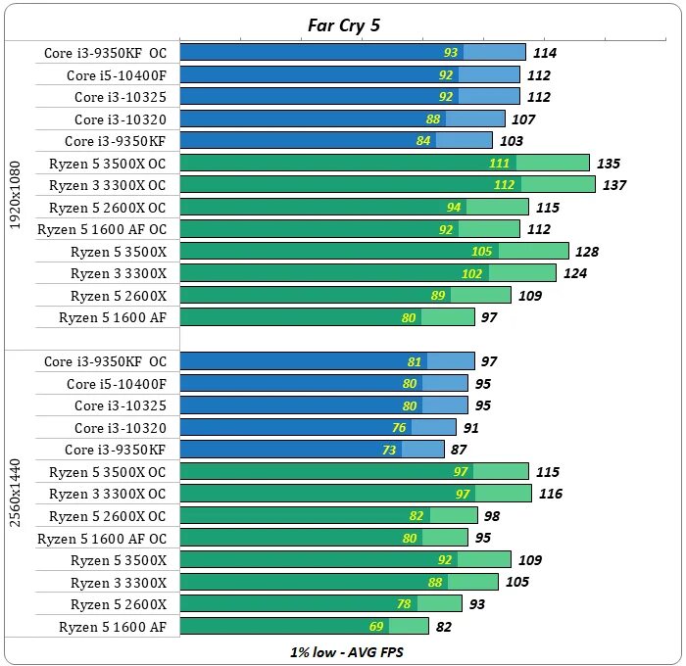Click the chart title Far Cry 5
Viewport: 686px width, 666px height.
pyautogui.click(x=342, y=24)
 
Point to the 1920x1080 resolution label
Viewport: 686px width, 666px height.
pyautogui.click(x=14, y=195)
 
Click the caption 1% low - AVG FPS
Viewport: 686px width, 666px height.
pyautogui.click(x=343, y=652)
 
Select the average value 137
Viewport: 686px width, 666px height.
pyautogui.click(x=615, y=185)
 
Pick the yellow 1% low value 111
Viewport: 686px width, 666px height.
pyautogui.click(x=500, y=164)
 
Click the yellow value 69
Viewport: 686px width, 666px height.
pyautogui.click(x=403, y=626)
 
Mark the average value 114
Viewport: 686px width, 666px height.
pyautogui.click(x=544, y=53)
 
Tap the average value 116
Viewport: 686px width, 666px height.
pyautogui.click(x=551, y=494)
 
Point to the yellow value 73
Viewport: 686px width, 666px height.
pyautogui.click(x=416, y=450)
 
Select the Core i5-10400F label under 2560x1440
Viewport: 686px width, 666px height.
pyautogui.click(x=116, y=384)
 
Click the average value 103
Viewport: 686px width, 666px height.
pyautogui.click(x=512, y=141)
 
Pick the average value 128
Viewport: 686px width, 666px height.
pyautogui.click(x=587, y=252)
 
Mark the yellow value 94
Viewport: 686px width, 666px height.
pyautogui.click(x=454, y=208)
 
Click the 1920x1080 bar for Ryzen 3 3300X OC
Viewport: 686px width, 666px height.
pyautogui.click(x=388, y=184)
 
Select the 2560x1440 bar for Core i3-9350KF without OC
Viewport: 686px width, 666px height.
pyautogui.click(x=313, y=450)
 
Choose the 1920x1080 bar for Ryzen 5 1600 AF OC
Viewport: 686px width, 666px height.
pyautogui.click(x=350, y=228)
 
